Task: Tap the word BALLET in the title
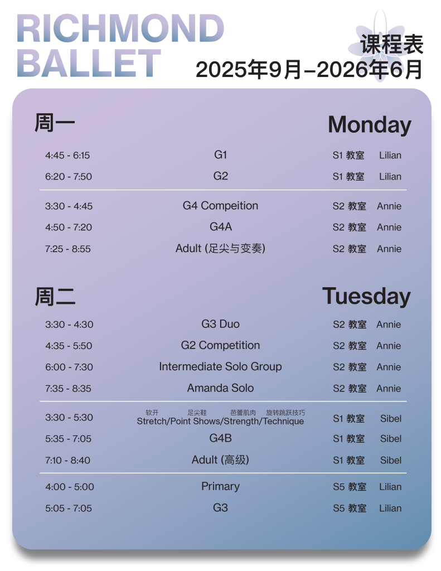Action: coord(89,63)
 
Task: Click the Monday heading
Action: coord(369,124)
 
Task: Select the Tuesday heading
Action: coord(366,296)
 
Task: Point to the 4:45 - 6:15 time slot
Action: coord(67,156)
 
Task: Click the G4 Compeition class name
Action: coord(220,206)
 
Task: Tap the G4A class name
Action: coord(220,227)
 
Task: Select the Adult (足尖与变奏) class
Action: coord(220,249)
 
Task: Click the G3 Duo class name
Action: coord(220,324)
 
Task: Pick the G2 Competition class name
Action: coord(220,346)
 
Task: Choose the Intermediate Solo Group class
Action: coord(220,367)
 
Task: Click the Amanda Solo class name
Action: coord(220,388)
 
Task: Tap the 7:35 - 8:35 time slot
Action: coord(69,389)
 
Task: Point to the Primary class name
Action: coord(220,486)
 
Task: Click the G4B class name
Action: coord(220,438)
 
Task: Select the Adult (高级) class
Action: coord(220,460)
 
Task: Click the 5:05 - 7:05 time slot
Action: coord(69,509)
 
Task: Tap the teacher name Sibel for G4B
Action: coord(390,439)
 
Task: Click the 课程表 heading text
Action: coord(392,45)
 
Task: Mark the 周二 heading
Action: coord(55,297)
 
